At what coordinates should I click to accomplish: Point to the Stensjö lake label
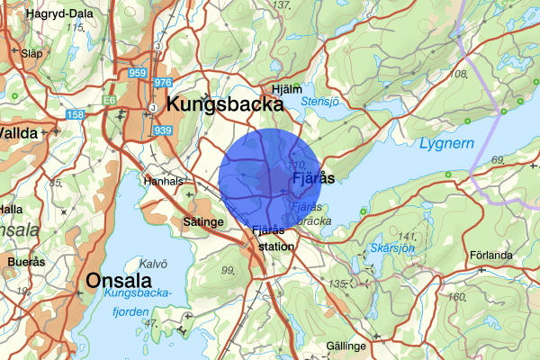[320, 101]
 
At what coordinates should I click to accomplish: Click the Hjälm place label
[286, 89]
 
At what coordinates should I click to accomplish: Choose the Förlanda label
[490, 254]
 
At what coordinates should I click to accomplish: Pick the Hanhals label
[163, 180]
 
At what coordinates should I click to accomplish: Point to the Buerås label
[25, 263]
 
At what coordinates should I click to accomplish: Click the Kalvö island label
[154, 264]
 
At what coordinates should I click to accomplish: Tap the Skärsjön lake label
[392, 247]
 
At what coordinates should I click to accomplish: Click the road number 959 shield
[138, 73]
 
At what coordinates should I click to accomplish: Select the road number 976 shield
[163, 83]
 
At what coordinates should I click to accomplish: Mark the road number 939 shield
[163, 130]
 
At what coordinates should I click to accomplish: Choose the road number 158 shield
[76, 114]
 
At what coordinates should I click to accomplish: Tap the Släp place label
[31, 53]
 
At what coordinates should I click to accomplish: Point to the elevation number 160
[456, 297]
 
